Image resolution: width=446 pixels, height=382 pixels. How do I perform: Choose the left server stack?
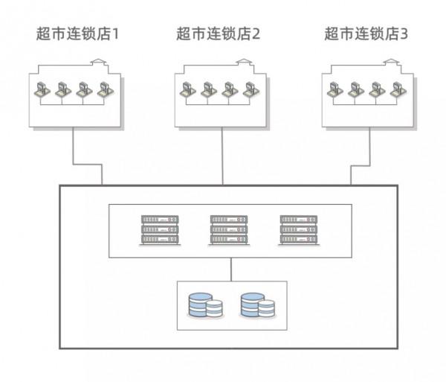(160, 230)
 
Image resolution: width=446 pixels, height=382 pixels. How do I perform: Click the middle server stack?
(229, 230)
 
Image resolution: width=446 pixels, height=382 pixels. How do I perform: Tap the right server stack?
(298, 230)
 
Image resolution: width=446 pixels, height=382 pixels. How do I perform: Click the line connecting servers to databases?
(231, 269)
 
